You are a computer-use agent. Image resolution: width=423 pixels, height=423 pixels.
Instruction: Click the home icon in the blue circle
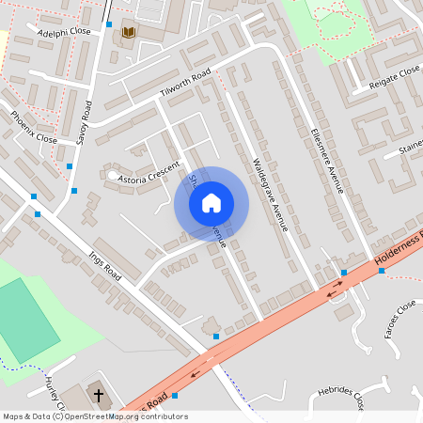point(211,203)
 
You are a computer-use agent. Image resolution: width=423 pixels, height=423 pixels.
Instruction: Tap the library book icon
point(129,34)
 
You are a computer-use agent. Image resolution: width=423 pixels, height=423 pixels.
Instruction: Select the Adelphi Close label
point(64,32)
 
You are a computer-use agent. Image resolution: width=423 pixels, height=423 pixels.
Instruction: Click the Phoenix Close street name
point(34,127)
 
